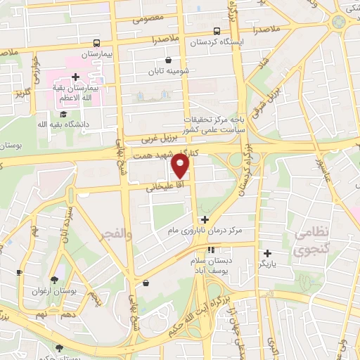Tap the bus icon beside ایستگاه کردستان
click(217, 31)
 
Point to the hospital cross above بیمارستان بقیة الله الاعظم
click(75, 77)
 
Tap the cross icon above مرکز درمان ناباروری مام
click(205, 219)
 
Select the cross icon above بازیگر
click(267, 253)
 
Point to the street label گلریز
click(21, 93)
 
